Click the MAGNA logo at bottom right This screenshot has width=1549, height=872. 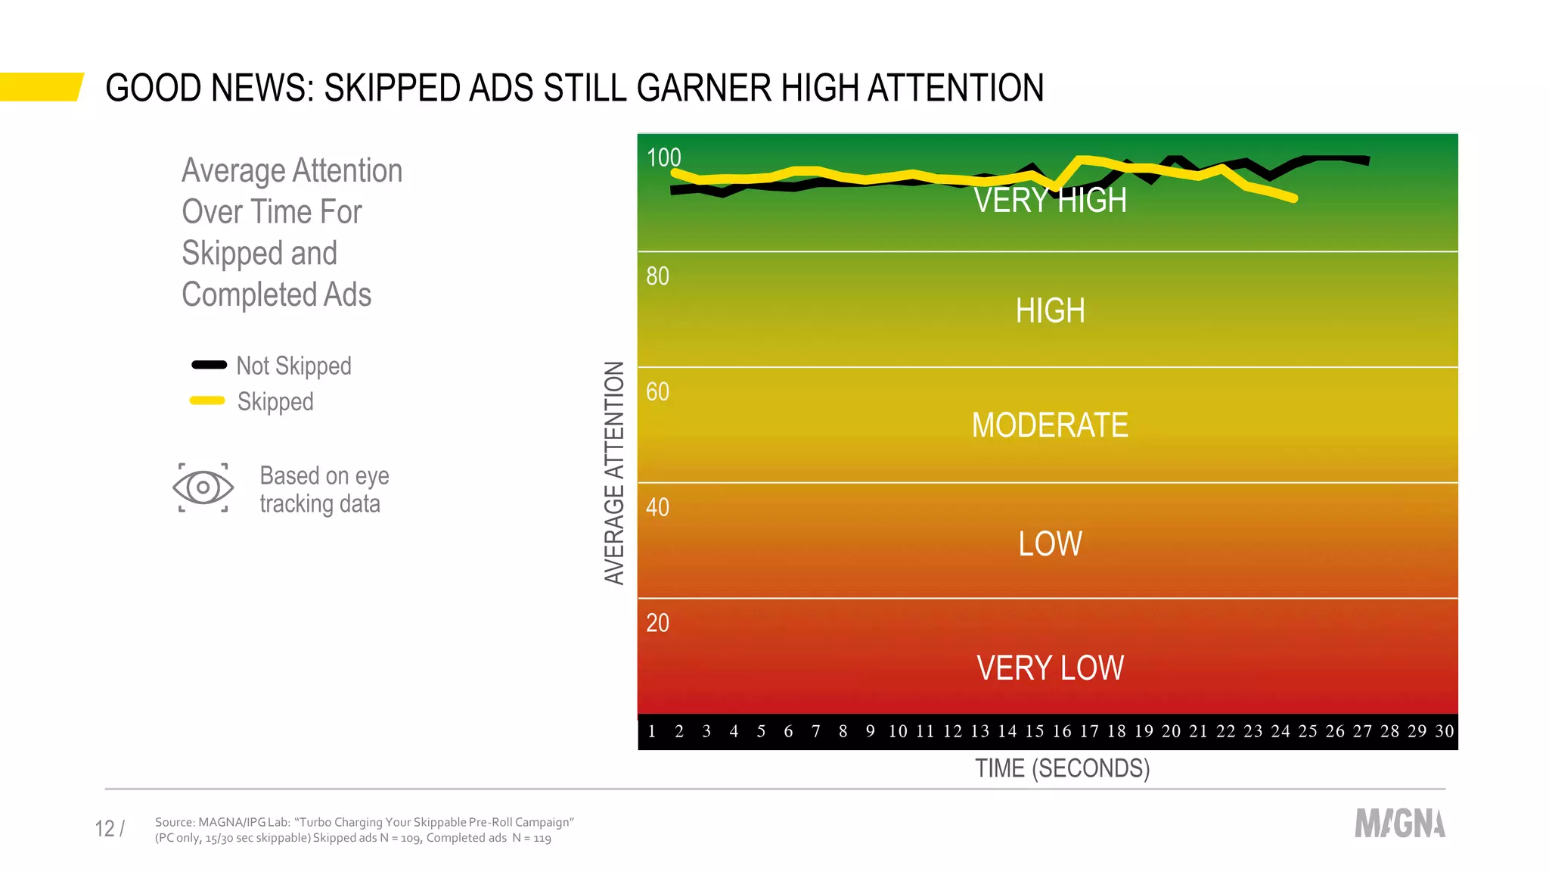click(1399, 824)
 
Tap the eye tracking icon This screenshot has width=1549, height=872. click(203, 487)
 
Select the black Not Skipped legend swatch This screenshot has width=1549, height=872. click(209, 365)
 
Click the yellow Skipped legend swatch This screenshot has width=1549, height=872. click(207, 400)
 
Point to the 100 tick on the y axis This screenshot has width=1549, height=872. click(663, 157)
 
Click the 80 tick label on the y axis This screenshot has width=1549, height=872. click(657, 276)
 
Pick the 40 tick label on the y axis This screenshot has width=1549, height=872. click(657, 507)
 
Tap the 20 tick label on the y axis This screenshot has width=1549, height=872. click(657, 623)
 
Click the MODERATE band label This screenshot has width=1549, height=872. click(1050, 425)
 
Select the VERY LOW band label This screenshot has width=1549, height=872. click(1050, 668)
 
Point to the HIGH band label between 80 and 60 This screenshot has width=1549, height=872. click(1050, 311)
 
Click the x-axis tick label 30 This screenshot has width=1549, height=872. click(1444, 731)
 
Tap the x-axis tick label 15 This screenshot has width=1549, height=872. click(1034, 731)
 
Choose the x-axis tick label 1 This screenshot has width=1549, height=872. click(651, 731)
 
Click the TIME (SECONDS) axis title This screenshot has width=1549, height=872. click(1062, 768)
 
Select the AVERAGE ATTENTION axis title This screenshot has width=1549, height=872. click(614, 472)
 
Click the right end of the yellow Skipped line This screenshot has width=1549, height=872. click(1294, 198)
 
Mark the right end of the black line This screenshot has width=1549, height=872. click(1367, 160)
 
